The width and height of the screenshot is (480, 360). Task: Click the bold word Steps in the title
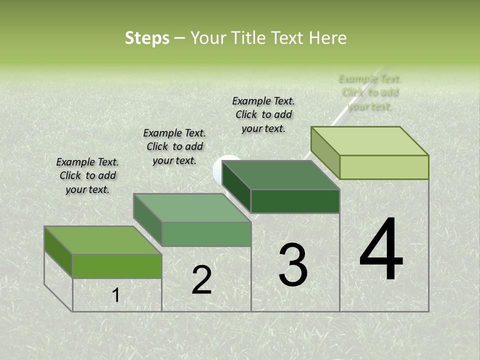point(147,38)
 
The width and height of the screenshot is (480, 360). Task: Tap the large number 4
point(381,250)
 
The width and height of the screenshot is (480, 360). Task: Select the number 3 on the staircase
point(293,265)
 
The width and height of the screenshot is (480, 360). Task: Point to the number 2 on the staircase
point(201,280)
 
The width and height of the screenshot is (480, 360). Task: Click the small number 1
point(115,295)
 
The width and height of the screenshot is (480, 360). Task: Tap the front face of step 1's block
point(117,266)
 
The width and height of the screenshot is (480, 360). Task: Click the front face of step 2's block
point(206,234)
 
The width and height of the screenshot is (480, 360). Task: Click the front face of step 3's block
point(295,201)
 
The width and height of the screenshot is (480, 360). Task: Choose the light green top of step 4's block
point(370,141)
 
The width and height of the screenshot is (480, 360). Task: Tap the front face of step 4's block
point(384,167)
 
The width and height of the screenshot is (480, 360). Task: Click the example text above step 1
point(87,175)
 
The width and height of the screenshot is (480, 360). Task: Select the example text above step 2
point(174,146)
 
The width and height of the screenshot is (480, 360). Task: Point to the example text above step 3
point(263,114)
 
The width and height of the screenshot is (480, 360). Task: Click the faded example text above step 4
point(370,92)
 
